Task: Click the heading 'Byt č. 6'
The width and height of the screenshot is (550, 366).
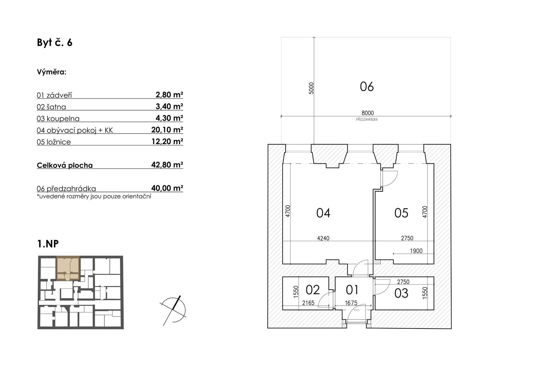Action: tap(54, 43)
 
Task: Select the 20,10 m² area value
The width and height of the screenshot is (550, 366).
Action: tap(167, 130)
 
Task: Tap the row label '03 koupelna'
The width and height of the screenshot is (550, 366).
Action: tap(58, 119)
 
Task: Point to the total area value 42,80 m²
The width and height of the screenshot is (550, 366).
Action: tap(167, 165)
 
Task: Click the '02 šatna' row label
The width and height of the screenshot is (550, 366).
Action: tap(51, 107)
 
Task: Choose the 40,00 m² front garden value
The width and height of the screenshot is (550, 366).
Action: tap(167, 188)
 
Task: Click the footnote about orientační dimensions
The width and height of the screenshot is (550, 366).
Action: tap(94, 196)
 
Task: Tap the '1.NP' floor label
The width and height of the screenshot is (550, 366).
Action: tap(48, 244)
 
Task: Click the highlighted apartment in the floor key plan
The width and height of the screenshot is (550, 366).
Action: tap(68, 268)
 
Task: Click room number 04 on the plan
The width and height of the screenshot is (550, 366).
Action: tap(323, 213)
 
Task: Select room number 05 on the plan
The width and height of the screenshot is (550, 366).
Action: tap(401, 213)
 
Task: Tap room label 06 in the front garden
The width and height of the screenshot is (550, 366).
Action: tap(367, 87)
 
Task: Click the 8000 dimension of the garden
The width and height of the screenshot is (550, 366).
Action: tap(368, 113)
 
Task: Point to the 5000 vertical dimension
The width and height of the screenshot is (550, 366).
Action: tap(311, 88)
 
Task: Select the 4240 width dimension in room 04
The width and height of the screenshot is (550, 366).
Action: tap(323, 238)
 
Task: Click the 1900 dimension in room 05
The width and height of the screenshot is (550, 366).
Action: tap(416, 251)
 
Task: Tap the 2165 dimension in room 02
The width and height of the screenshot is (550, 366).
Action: tap(308, 303)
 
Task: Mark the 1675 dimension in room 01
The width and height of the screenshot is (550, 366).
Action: tap(351, 303)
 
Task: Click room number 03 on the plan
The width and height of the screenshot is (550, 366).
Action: tap(401, 293)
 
